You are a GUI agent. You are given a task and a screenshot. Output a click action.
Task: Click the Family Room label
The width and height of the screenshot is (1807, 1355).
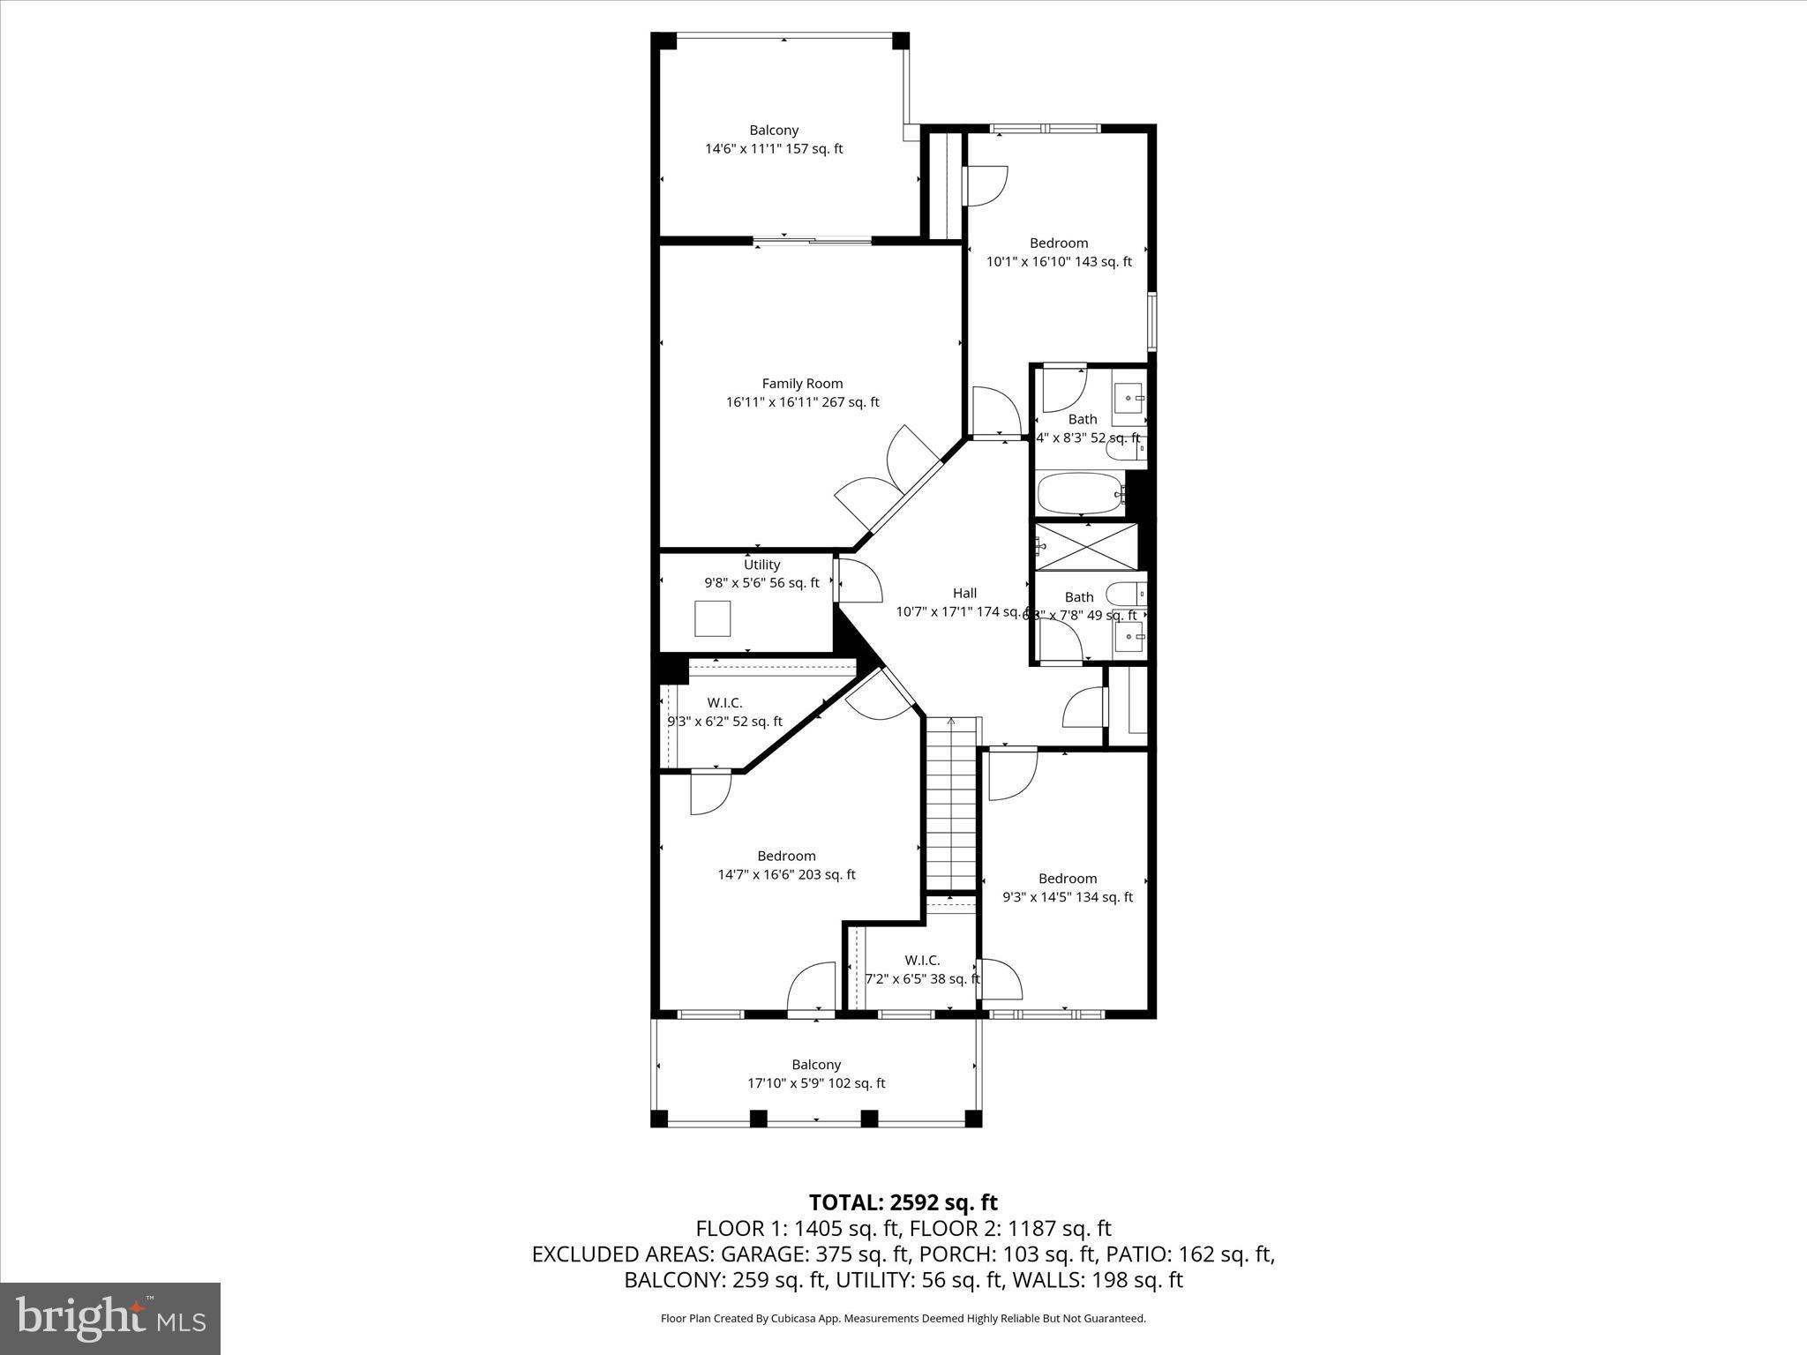click(x=802, y=384)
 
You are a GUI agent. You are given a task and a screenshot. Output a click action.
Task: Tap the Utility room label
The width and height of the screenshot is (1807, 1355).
click(x=761, y=565)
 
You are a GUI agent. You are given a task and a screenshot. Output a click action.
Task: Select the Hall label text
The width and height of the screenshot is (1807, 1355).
click(x=964, y=594)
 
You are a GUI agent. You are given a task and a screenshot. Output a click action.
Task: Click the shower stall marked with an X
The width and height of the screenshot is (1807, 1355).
click(x=1085, y=546)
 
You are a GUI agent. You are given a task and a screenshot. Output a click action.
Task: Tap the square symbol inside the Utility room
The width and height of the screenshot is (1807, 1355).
click(x=712, y=618)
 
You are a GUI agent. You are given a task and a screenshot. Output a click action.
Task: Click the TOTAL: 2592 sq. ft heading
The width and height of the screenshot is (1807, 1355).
click(x=903, y=1202)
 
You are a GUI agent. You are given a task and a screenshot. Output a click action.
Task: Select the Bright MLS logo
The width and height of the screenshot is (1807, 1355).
click(x=110, y=1318)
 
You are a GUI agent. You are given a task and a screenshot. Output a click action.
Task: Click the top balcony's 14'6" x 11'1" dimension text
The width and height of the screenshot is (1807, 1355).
click(x=773, y=149)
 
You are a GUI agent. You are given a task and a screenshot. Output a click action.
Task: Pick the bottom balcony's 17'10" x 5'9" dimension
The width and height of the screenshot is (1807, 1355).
click(x=815, y=1083)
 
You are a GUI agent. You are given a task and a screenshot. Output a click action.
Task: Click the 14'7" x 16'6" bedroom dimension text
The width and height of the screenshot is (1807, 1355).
click(x=786, y=875)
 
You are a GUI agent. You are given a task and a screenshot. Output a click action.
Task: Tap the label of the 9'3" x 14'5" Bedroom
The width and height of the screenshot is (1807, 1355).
click(x=1068, y=879)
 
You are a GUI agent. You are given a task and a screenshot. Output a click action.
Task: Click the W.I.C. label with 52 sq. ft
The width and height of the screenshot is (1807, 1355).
click(x=724, y=703)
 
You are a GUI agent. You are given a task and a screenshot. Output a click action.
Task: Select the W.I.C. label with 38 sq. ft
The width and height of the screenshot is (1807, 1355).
click(x=922, y=961)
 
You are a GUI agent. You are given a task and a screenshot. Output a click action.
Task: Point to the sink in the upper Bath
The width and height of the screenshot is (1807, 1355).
click(x=1128, y=399)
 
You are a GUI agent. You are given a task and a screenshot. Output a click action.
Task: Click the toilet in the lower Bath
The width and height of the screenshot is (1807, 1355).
click(x=1125, y=594)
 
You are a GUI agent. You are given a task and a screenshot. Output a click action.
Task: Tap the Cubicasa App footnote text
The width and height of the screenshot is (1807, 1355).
click(x=903, y=1319)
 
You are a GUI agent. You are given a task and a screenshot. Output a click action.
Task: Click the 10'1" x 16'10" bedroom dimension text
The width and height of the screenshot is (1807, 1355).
click(x=1058, y=262)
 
